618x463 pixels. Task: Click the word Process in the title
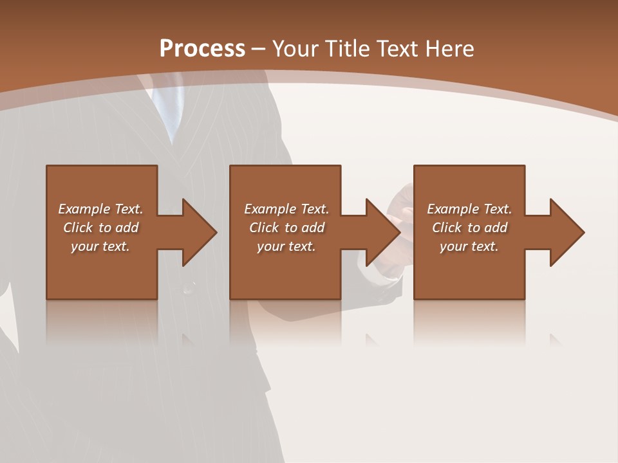coord(202,49)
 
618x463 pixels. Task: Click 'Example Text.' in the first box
coord(100,209)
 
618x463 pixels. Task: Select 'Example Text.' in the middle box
coord(286,209)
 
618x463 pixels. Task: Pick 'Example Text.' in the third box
coord(469,209)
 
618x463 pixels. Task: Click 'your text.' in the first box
coord(100,246)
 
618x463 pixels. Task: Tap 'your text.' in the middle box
coord(286,246)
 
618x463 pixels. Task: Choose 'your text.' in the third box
coord(469,246)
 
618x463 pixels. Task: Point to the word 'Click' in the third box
coord(447,228)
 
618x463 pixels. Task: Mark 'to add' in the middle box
coord(304,228)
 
